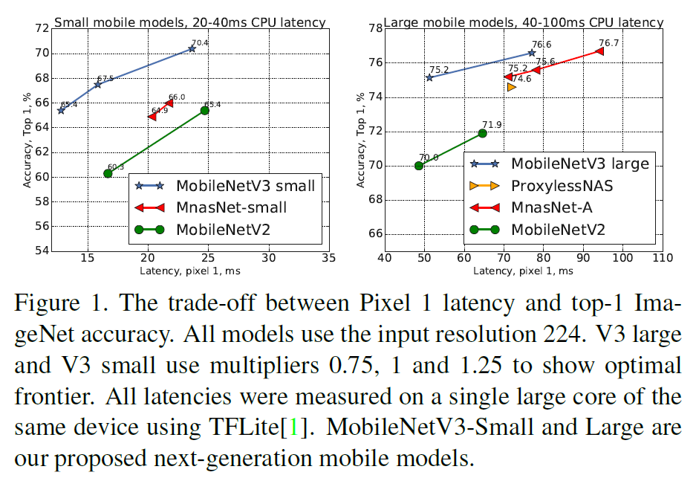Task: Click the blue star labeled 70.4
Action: [192, 48]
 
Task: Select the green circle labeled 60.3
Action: [108, 173]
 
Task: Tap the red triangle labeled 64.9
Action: [152, 117]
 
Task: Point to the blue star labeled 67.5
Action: [97, 84]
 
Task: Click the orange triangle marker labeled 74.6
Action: [511, 87]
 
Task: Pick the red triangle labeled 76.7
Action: [599, 51]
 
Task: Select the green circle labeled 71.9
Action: [483, 133]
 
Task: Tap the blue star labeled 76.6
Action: [532, 53]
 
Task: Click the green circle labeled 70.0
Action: [419, 166]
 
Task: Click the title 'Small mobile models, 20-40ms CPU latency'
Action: [190, 22]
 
